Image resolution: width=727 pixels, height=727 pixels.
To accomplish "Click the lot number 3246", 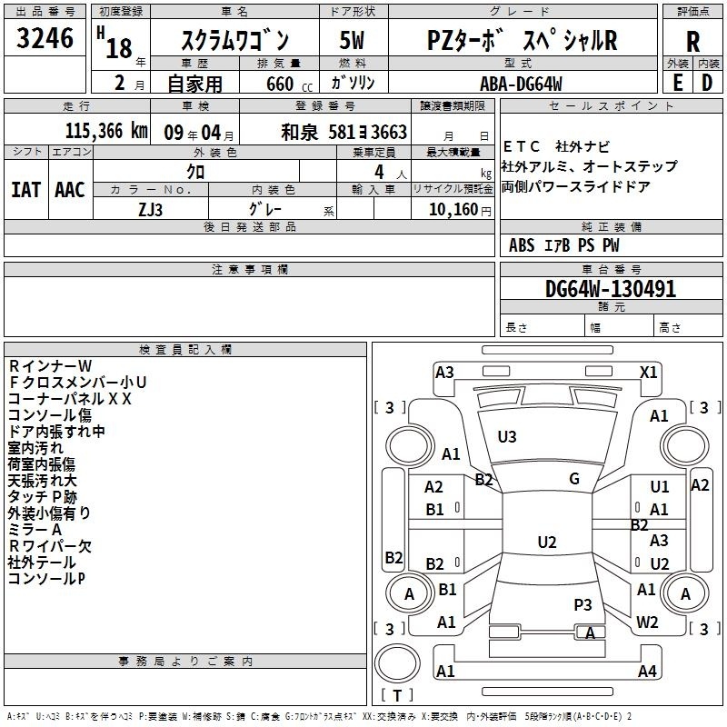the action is [x=45, y=38].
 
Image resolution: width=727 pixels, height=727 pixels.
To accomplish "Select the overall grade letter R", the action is [x=692, y=42].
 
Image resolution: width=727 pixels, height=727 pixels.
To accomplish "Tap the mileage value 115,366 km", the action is [x=106, y=131].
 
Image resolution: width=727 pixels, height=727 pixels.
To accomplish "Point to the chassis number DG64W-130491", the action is [x=611, y=289].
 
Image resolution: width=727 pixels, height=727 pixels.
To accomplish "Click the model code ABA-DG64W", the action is [x=521, y=84].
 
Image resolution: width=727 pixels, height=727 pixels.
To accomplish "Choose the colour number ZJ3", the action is [x=150, y=210].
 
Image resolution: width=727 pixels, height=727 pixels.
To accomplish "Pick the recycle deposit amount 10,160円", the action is [x=460, y=210].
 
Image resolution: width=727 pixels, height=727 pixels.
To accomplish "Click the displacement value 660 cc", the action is [x=289, y=84].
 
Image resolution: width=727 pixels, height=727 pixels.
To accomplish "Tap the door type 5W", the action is [x=352, y=40].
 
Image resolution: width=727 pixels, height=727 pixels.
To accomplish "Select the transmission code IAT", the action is [x=26, y=190].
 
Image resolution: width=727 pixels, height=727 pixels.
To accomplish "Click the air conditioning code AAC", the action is [x=70, y=190].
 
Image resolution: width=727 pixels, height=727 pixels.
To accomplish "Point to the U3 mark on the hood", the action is [x=507, y=437].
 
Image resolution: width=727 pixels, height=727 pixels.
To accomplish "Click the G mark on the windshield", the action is [x=574, y=479].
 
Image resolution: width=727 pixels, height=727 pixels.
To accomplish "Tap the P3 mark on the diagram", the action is [x=583, y=605].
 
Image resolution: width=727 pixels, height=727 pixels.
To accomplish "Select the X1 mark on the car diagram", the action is [x=648, y=373].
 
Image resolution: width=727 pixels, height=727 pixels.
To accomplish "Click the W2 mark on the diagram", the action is [x=647, y=622].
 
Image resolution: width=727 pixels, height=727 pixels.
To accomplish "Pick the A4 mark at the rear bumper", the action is [x=647, y=671].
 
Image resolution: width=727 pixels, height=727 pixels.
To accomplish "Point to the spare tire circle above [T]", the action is [x=397, y=663].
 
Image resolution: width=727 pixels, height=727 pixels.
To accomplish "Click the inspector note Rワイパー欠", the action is [x=50, y=546].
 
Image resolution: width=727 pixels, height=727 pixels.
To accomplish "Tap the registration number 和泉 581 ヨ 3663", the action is [x=344, y=132].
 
